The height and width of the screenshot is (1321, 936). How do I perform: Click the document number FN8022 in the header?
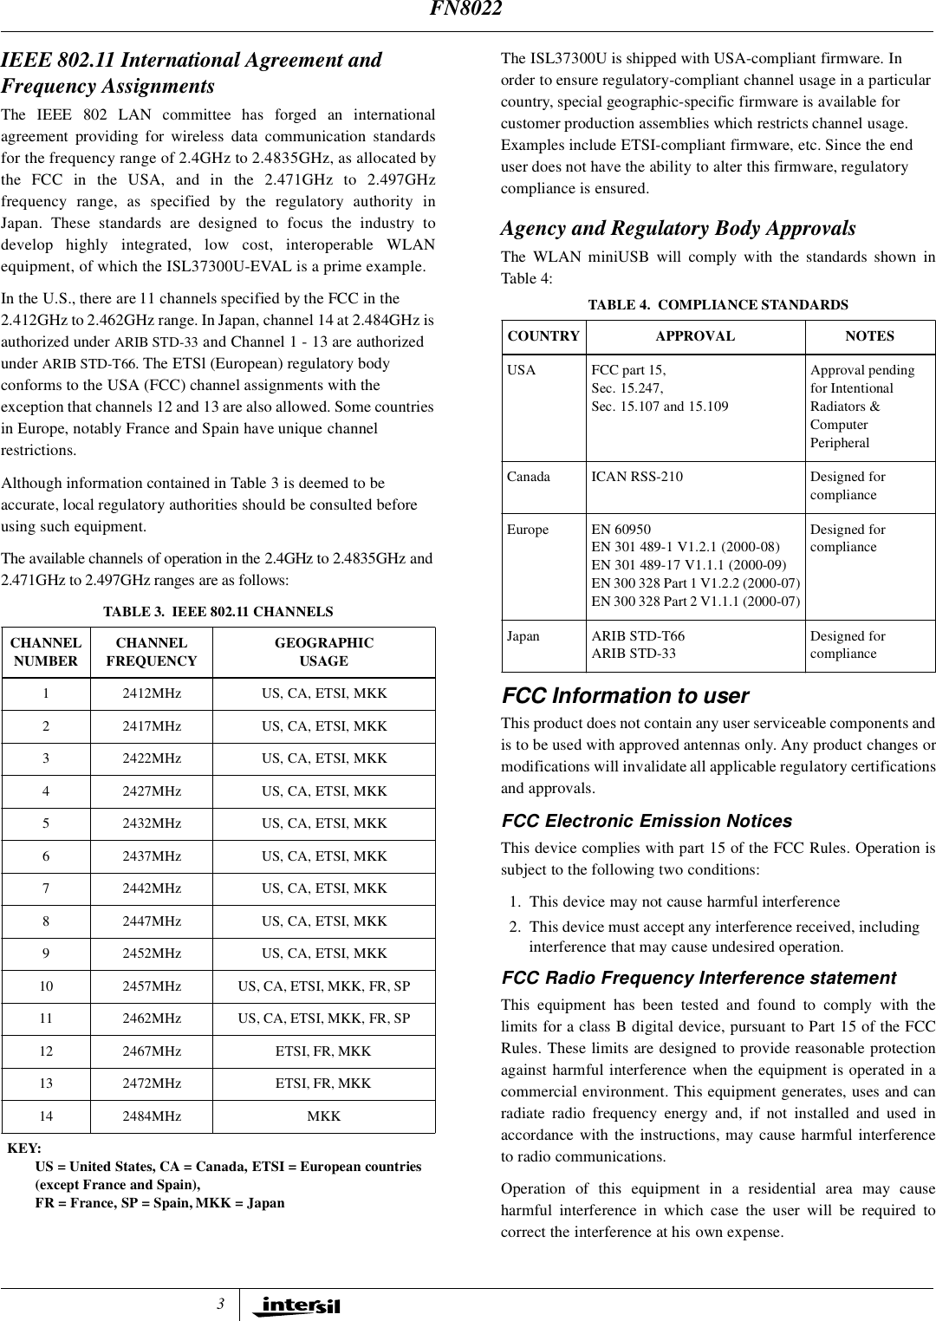[x=468, y=10]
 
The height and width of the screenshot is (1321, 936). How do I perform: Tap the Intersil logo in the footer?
[x=296, y=1305]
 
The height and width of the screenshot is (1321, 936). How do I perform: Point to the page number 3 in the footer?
[x=221, y=1305]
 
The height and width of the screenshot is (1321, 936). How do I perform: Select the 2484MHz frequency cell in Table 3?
[x=152, y=1116]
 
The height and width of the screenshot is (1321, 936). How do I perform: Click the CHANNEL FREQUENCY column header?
[x=152, y=652]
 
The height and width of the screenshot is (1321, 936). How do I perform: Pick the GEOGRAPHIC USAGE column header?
[x=324, y=652]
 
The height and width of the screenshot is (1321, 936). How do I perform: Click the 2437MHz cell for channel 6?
[x=152, y=856]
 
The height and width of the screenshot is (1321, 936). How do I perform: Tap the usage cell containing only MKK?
[x=324, y=1116]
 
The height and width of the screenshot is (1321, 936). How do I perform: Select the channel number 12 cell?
[x=46, y=1051]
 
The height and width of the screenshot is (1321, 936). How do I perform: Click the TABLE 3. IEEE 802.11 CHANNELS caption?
[x=218, y=612]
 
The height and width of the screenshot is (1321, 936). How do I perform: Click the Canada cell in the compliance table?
[x=529, y=477]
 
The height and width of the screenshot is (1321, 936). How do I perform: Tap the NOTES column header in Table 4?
[x=869, y=336]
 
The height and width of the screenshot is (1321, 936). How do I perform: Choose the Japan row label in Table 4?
[x=523, y=636]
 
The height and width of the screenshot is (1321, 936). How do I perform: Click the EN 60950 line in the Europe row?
[x=621, y=530]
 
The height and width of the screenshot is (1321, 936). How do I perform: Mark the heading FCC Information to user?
[x=626, y=696]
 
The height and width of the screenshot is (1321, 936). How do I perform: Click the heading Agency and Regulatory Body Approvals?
[x=678, y=229]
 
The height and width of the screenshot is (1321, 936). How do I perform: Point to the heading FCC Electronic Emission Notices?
[x=647, y=821]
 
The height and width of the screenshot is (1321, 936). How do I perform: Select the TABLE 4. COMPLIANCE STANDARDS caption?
[x=718, y=305]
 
